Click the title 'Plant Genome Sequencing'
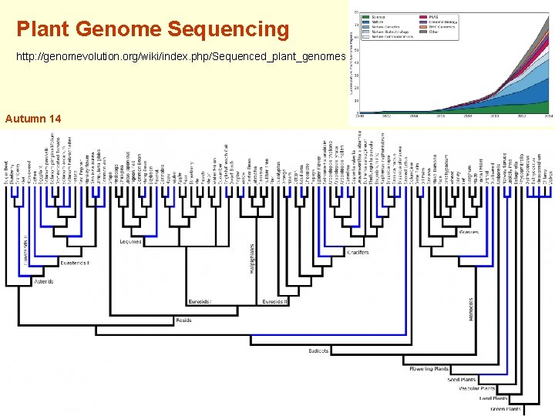[x=153, y=30]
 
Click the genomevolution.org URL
[x=177, y=58]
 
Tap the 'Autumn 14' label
[x=33, y=119]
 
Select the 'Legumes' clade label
[x=130, y=242]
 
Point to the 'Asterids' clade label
[x=44, y=282]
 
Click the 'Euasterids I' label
[x=75, y=263]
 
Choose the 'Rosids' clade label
[x=183, y=320]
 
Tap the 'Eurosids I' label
[x=200, y=301]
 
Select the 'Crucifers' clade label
[x=358, y=252]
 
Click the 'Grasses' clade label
[x=467, y=231]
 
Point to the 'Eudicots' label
[x=318, y=351]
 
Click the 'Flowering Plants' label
[x=430, y=368]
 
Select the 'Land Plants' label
[x=493, y=398]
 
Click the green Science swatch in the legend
[x=368, y=16]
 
